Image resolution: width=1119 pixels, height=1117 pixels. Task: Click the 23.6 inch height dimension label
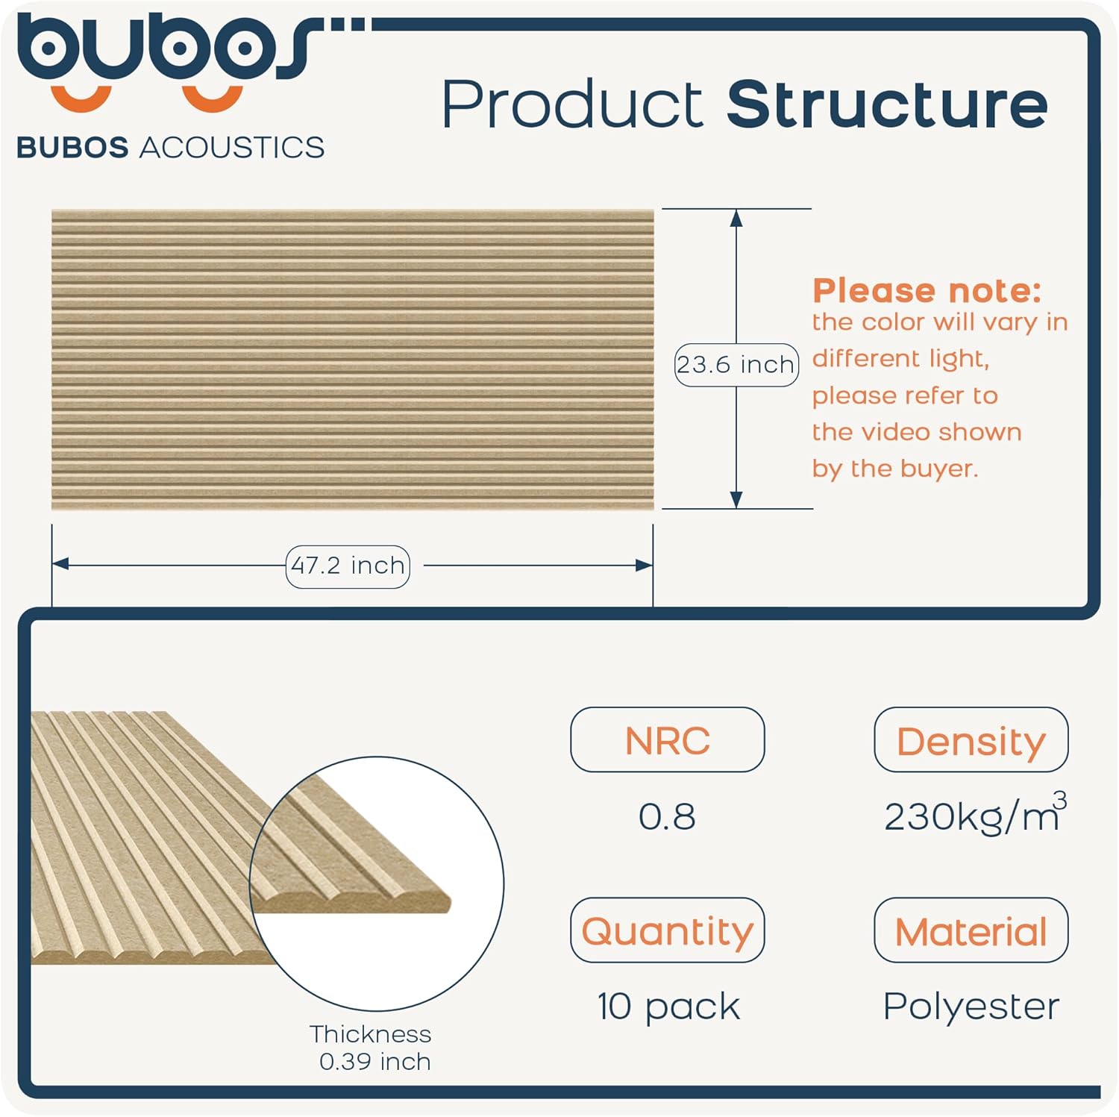click(x=736, y=365)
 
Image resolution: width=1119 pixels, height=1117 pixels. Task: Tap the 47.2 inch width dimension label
click(x=348, y=566)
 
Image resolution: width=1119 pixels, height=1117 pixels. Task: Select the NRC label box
click(x=667, y=739)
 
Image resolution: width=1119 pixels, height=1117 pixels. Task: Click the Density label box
click(x=971, y=739)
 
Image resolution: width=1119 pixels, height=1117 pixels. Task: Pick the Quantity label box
click(x=667, y=930)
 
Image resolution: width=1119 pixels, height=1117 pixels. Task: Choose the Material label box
click(x=971, y=930)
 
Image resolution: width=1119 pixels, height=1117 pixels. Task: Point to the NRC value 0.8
click(x=667, y=816)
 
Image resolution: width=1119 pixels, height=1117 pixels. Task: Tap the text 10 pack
click(x=668, y=1007)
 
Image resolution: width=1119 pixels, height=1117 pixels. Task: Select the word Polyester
click(x=971, y=1007)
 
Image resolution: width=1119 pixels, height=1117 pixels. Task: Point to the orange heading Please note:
click(x=927, y=290)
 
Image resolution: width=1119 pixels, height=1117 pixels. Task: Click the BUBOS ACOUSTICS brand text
click(x=170, y=148)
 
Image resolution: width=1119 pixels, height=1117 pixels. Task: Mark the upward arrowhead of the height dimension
click(x=736, y=218)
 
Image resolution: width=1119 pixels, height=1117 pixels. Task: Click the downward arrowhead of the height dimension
click(x=736, y=500)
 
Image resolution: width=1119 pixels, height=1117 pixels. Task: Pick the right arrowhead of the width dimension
click(x=644, y=566)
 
